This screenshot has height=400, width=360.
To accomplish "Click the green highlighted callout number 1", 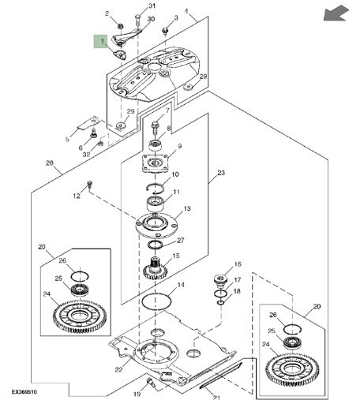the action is pyautogui.click(x=100, y=42).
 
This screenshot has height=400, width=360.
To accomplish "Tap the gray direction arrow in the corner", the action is pyautogui.click(x=336, y=13).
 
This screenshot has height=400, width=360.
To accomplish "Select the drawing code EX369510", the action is pyautogui.click(x=24, y=392).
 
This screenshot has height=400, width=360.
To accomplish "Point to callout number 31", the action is pyautogui.click(x=152, y=6).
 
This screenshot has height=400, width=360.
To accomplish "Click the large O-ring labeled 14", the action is pyautogui.click(x=156, y=301).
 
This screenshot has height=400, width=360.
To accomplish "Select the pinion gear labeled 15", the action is pyautogui.click(x=156, y=270).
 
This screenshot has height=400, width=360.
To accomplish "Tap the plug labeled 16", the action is pyautogui.click(x=220, y=280).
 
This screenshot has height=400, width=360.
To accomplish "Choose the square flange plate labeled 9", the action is pyautogui.click(x=156, y=163).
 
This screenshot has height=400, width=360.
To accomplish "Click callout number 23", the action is pyautogui.click(x=221, y=173).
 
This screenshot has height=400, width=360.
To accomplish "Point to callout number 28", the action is pyautogui.click(x=50, y=163).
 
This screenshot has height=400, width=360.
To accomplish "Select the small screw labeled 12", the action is pyautogui.click(x=90, y=184).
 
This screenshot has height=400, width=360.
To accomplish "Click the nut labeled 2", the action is pyautogui.click(x=121, y=26).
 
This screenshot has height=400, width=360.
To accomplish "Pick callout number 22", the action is pyautogui.click(x=118, y=369).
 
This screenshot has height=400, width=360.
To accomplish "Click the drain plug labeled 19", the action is pyautogui.click(x=151, y=383).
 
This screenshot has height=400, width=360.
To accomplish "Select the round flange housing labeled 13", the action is pyautogui.click(x=156, y=226).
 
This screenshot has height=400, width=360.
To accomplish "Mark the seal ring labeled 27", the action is pyautogui.click(x=155, y=245).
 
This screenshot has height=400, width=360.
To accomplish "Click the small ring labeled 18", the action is pyautogui.click(x=220, y=303).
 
